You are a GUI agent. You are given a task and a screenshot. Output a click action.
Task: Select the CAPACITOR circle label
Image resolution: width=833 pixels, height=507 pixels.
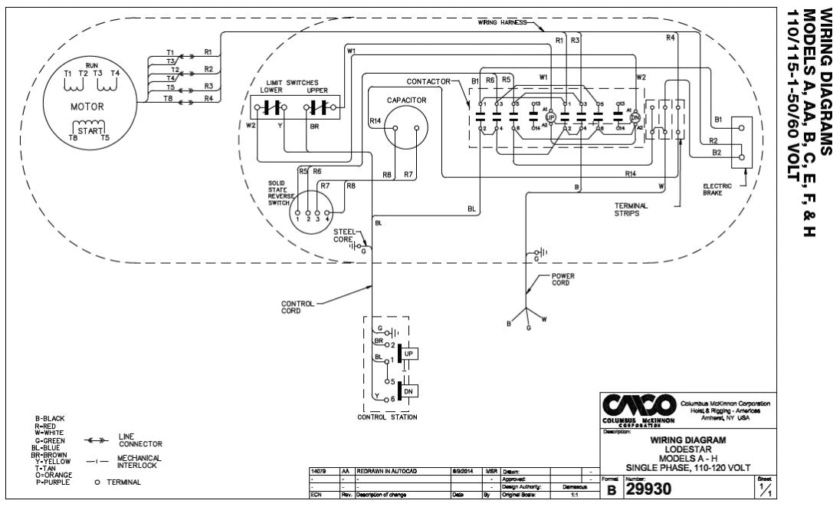406,100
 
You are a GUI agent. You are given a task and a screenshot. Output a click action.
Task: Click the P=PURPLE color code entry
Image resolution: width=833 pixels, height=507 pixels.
51,482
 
